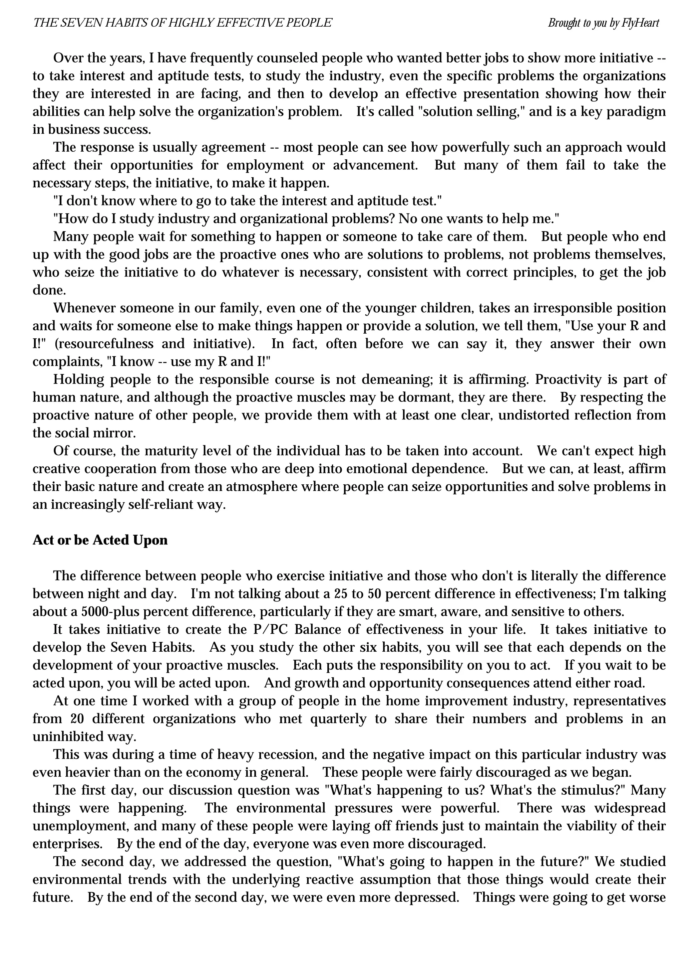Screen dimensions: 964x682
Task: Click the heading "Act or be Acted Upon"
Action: (100, 540)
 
